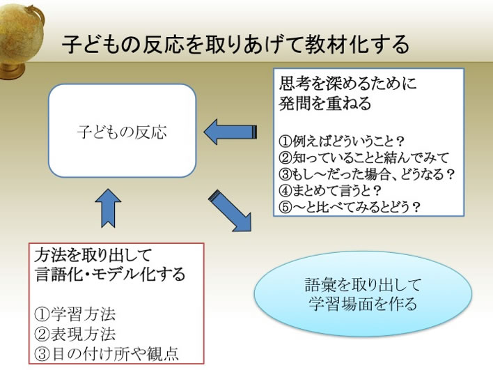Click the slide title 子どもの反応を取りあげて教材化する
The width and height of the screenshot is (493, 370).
(235, 45)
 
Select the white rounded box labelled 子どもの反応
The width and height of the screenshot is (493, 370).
(122, 131)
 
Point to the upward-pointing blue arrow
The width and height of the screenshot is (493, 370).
(108, 208)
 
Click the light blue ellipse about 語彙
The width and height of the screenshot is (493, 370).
(361, 295)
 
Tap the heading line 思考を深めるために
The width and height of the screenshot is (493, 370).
(347, 85)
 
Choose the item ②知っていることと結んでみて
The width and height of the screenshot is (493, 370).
(364, 157)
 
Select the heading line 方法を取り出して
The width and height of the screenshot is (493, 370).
(93, 254)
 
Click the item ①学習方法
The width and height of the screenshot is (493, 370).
(77, 313)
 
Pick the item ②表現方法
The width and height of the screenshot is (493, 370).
(77, 332)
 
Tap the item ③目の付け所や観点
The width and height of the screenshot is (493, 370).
(107, 353)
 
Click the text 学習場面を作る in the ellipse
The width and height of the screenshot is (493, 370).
(361, 305)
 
